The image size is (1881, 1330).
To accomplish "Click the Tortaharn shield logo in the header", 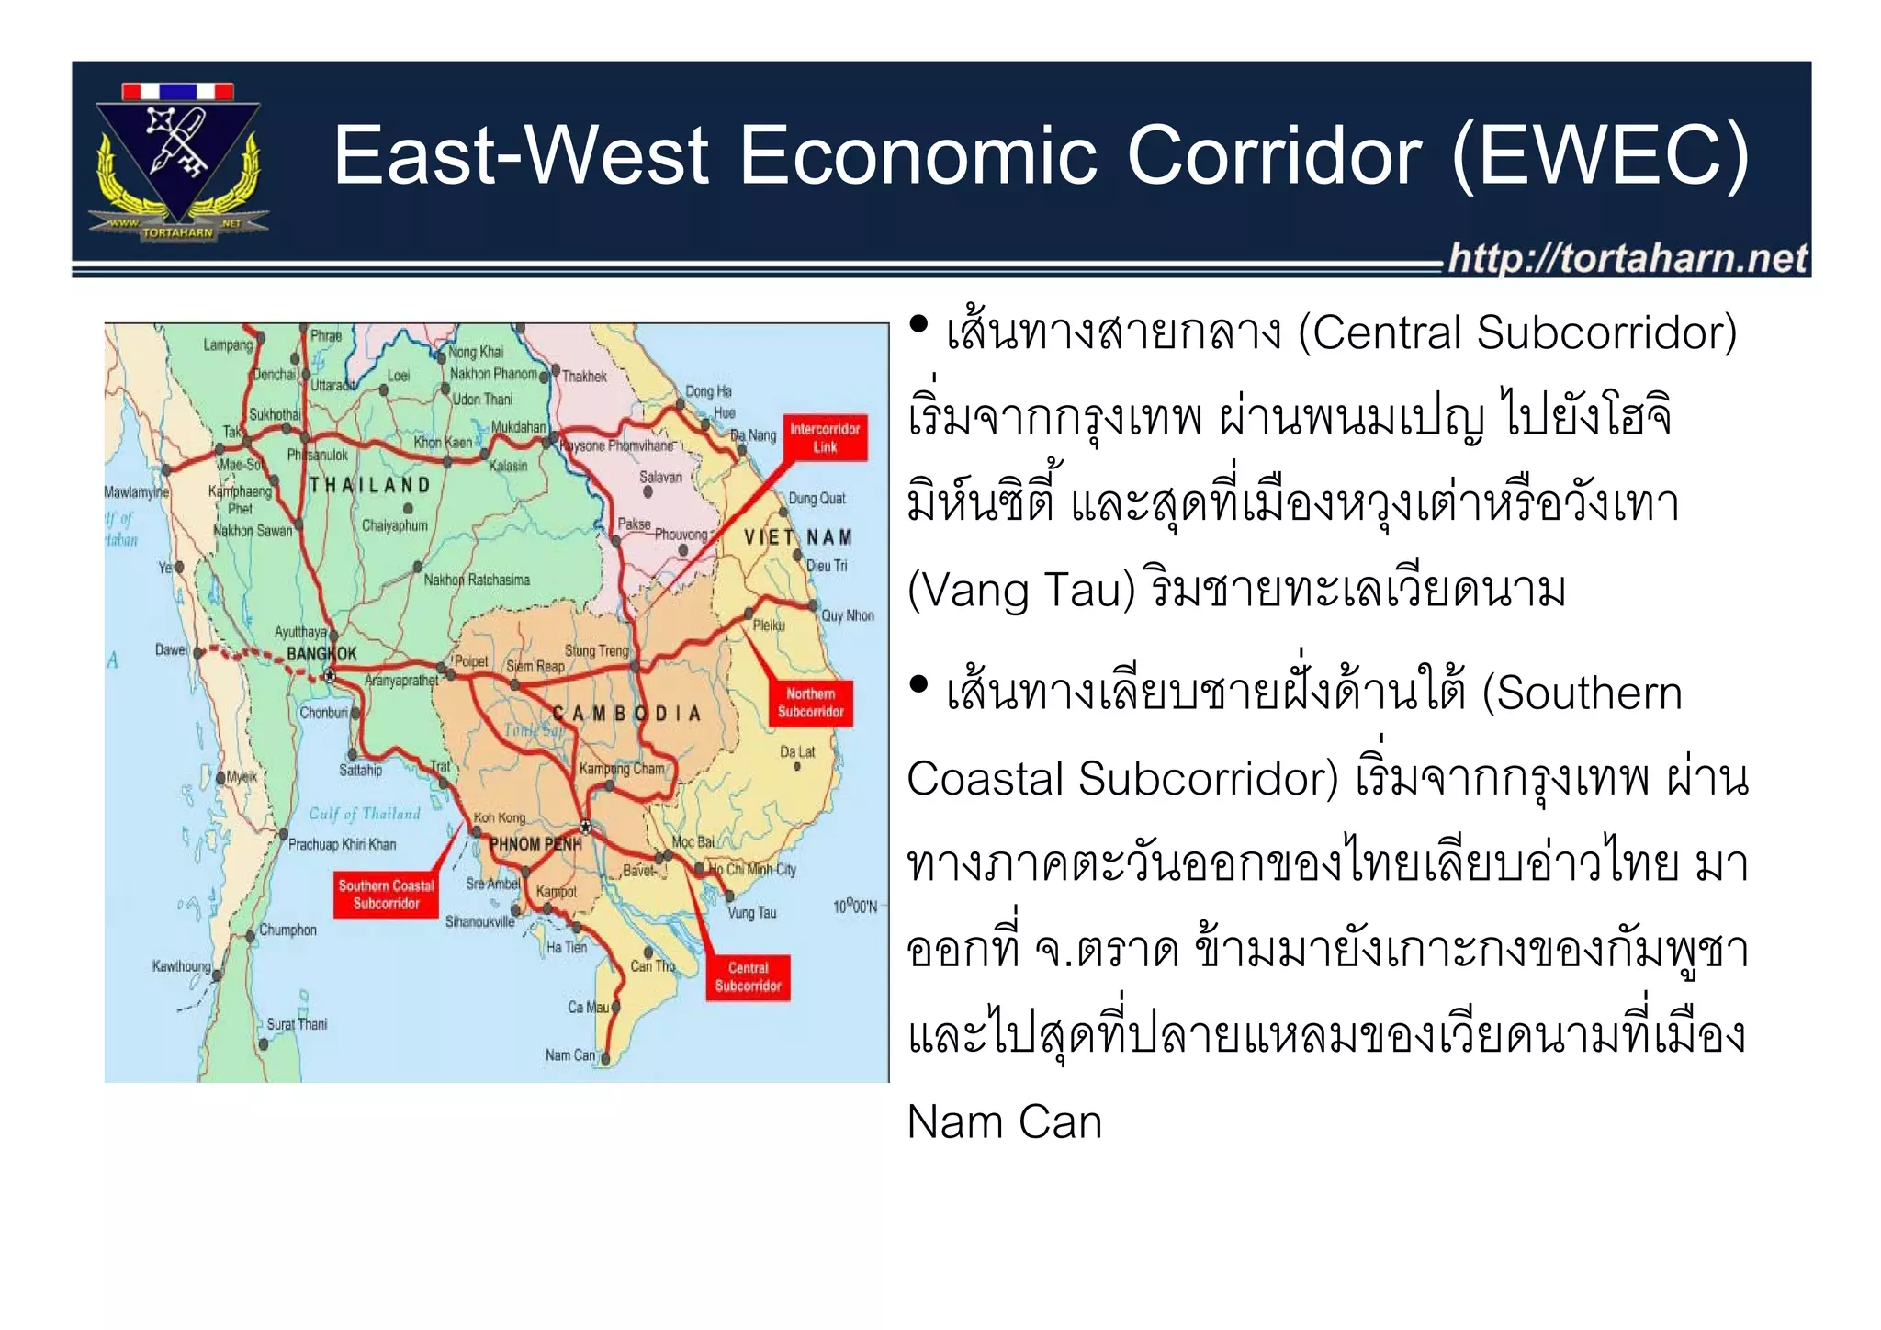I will click(x=178, y=161).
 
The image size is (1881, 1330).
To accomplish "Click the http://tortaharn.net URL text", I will click(x=1627, y=258).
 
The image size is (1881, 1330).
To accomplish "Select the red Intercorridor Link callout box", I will click(x=825, y=438).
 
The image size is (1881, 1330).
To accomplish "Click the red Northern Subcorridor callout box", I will click(x=810, y=703).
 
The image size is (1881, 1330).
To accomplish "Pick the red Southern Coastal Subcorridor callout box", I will click(x=386, y=895).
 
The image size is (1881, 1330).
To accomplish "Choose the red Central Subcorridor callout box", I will click(x=748, y=976).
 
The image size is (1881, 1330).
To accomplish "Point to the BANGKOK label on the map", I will click(x=321, y=654).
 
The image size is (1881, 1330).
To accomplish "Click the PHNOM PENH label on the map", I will click(x=535, y=844).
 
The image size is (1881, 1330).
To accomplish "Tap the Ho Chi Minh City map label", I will click(x=752, y=869).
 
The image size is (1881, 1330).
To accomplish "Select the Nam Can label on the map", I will click(x=570, y=1055).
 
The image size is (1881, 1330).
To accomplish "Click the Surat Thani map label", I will click(x=297, y=1024).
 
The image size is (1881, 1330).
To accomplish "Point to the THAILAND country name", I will click(x=369, y=485).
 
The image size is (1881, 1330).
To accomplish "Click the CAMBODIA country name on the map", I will click(x=626, y=714).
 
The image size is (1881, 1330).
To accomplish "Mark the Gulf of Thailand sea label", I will click(x=364, y=814).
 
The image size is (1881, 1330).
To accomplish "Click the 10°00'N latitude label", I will click(x=854, y=907).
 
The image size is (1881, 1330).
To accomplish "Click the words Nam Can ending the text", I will click(x=1004, y=1121).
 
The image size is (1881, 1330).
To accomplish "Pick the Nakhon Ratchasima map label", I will click(x=477, y=580).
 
